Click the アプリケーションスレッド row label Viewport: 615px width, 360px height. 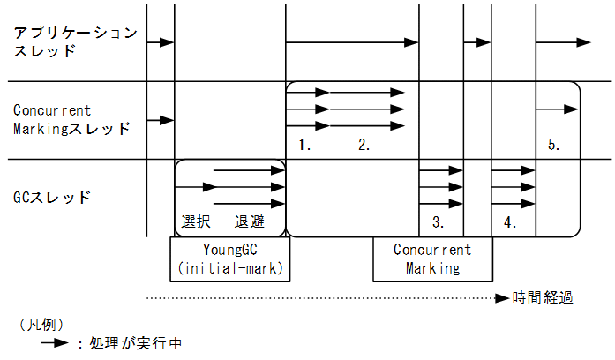(75, 42)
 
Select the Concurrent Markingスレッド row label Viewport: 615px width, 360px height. (71, 119)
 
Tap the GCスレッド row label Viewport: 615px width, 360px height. (53, 197)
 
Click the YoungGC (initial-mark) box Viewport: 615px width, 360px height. (229, 258)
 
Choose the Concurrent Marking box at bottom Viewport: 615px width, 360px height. (432, 259)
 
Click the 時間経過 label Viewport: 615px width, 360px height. (544, 296)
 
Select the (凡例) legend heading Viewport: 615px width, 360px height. (40, 324)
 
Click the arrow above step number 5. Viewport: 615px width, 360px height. (557, 109)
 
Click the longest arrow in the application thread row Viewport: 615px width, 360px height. (352, 41)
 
